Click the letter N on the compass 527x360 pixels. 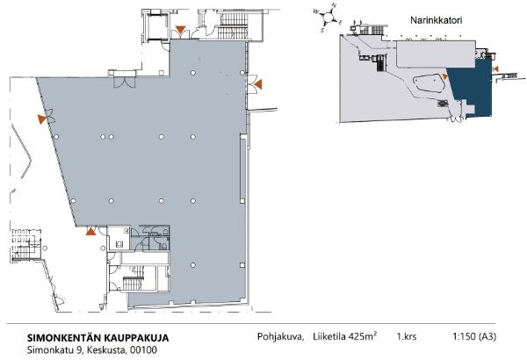tap(333, 7)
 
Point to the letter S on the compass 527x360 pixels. tap(324, 29)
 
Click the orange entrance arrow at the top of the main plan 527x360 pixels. tap(180, 32)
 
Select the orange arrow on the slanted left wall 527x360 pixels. tap(40, 117)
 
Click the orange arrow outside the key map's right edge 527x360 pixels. tap(496, 68)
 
